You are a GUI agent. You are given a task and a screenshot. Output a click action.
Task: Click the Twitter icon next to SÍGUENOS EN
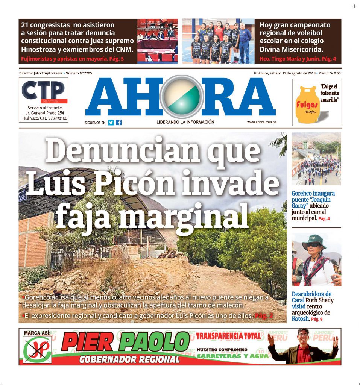(111, 122)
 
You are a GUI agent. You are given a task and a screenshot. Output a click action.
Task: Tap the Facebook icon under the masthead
(118, 122)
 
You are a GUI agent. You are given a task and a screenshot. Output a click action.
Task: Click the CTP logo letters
(43, 91)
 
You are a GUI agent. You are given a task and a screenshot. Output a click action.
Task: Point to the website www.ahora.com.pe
(262, 122)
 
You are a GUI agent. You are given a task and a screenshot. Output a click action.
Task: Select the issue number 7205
(86, 73)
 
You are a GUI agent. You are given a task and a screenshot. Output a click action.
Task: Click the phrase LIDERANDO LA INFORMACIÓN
(185, 122)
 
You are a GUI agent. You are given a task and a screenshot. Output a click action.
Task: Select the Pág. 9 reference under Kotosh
(316, 319)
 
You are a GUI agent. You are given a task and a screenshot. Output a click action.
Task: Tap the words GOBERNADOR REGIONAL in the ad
(130, 359)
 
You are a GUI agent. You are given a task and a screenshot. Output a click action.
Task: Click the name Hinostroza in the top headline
(42, 49)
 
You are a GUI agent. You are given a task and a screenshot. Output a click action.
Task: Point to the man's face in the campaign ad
(302, 336)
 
